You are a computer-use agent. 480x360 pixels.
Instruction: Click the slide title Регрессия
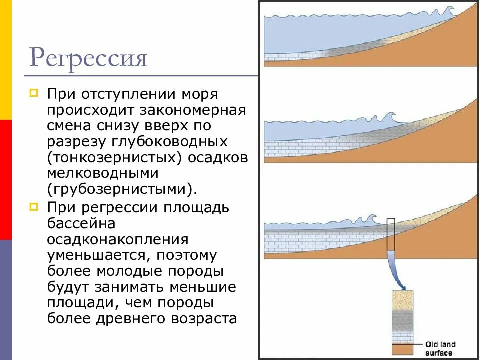88,58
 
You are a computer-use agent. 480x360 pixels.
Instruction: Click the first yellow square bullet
33,93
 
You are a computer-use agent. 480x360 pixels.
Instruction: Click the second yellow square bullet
33,206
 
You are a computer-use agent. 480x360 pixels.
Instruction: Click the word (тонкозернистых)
114,157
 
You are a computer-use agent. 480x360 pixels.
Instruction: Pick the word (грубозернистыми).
119,189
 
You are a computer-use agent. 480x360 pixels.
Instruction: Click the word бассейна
81,223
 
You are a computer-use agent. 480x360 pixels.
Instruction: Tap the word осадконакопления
118,239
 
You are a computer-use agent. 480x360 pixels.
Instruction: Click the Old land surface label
440,348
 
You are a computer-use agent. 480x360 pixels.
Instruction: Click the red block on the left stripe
5,180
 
